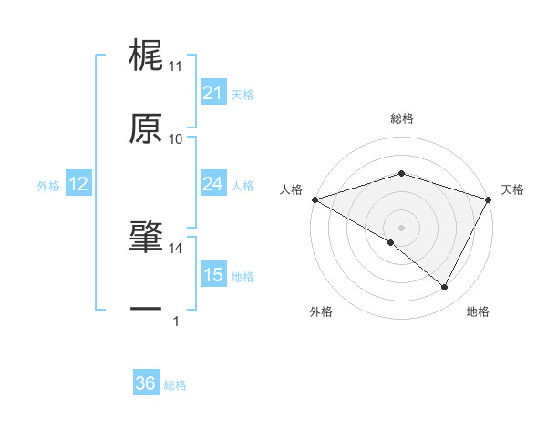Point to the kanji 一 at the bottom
click(146, 310)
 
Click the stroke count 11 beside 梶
click(176, 66)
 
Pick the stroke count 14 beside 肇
click(176, 248)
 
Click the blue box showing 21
click(212, 93)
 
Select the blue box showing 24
click(212, 184)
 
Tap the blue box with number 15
click(212, 275)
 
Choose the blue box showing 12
click(77, 184)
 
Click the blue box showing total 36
click(145, 384)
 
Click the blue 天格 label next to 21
click(243, 94)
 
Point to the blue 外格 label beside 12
click(48, 185)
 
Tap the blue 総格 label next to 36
click(175, 385)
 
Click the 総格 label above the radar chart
click(401, 119)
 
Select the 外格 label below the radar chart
click(321, 312)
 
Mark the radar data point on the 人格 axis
click(315, 199)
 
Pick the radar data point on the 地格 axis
click(445, 288)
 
